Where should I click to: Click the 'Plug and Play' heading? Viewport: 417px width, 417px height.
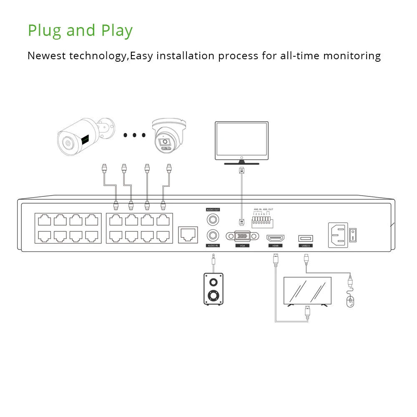80,30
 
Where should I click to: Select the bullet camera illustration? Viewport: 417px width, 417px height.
85,136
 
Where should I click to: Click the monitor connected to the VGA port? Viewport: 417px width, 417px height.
241,141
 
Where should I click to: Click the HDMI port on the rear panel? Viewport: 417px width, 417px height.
275,239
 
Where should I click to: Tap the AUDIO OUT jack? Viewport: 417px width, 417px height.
213,218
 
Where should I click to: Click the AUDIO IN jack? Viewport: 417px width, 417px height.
213,235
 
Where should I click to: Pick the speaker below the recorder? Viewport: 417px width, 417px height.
213,289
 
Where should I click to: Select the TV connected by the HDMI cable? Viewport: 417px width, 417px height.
307,291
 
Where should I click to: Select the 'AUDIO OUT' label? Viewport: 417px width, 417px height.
213,209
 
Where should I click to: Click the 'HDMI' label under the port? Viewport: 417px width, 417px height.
275,246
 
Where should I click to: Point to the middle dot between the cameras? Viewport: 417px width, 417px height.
134,135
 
